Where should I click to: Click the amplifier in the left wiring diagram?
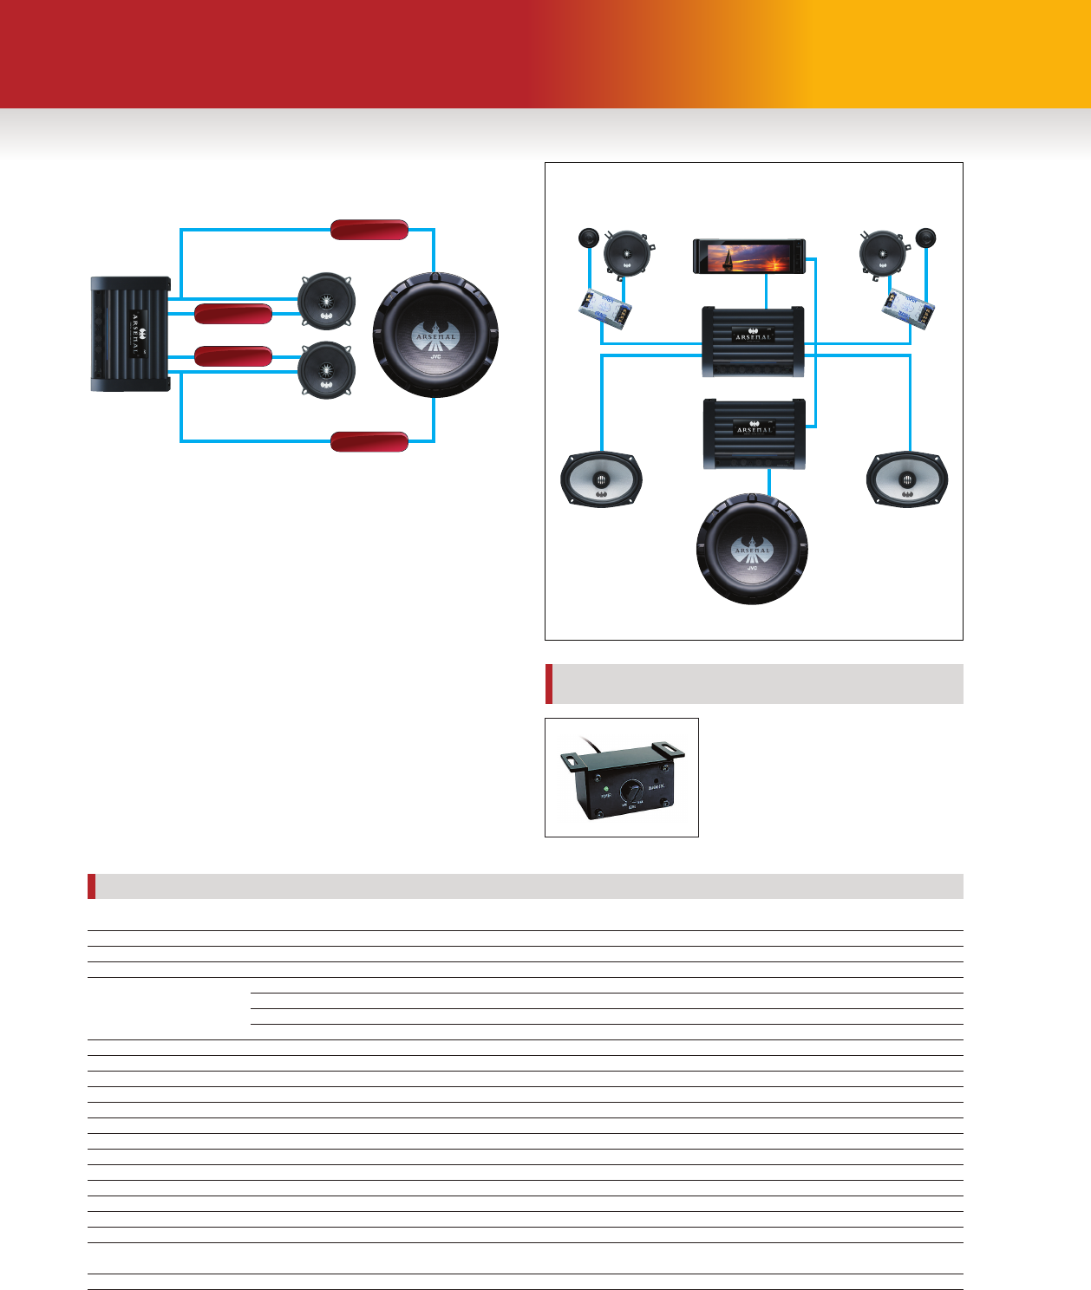click(x=130, y=335)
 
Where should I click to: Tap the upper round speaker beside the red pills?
click(x=326, y=301)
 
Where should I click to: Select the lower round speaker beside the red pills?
click(x=326, y=369)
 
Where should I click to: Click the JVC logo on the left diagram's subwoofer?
click(x=435, y=356)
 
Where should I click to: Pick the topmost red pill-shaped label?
click(x=369, y=230)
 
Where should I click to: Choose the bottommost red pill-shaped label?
click(x=369, y=441)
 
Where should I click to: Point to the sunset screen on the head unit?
click(x=748, y=256)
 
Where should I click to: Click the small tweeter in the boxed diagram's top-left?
click(x=589, y=238)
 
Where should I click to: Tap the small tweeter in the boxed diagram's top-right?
click(x=925, y=238)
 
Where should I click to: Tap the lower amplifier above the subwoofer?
click(x=753, y=433)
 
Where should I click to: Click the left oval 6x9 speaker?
click(x=601, y=479)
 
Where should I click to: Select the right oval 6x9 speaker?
click(x=907, y=479)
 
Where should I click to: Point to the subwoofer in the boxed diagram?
click(x=752, y=548)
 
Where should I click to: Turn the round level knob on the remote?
click(x=632, y=792)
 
